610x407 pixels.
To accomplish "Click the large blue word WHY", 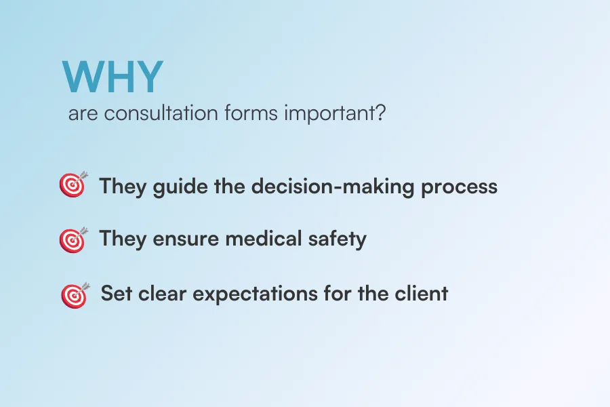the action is (113, 77).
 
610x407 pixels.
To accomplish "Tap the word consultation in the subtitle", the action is (161, 113).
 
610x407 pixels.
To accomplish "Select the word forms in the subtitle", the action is (251, 113).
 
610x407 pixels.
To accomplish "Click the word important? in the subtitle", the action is (335, 114).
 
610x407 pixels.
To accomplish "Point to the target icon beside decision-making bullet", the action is (73, 184).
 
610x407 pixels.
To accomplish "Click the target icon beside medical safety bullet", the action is (73, 239).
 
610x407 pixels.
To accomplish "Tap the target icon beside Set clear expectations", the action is (75, 295).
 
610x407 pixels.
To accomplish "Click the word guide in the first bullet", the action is (180, 187).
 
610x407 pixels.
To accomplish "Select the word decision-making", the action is (333, 187).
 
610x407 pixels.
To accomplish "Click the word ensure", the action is (186, 239).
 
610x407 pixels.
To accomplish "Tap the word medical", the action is (264, 238).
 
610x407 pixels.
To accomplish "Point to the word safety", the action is (338, 239).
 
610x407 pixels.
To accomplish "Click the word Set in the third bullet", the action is (117, 293).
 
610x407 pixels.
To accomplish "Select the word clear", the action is (162, 293).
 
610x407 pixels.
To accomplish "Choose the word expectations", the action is (256, 294).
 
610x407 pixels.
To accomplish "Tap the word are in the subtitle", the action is (83, 114).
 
